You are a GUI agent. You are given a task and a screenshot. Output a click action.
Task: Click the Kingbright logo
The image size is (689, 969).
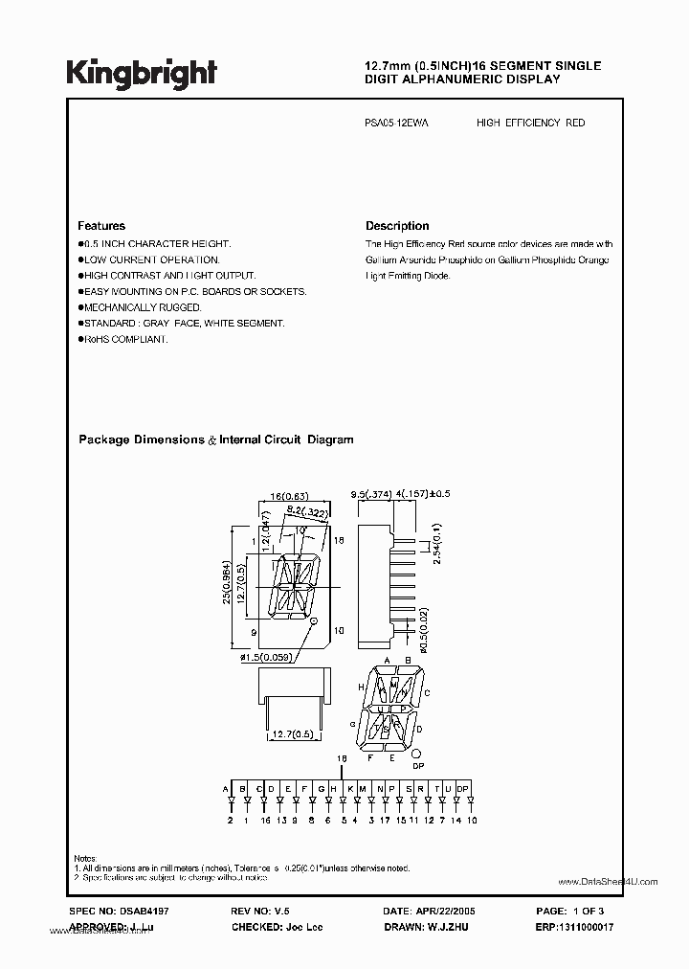(x=142, y=74)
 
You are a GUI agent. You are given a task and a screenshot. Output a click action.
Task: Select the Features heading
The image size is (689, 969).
(x=101, y=226)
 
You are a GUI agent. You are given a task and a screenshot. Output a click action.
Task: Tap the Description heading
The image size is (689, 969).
(x=397, y=226)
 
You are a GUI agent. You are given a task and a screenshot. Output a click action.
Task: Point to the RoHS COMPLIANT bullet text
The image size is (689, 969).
(x=125, y=339)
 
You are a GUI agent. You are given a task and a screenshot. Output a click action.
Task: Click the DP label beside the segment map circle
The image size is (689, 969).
(x=417, y=767)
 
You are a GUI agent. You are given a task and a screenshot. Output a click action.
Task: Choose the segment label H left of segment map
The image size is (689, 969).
(x=361, y=687)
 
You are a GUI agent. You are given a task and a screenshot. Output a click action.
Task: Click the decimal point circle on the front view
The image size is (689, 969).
(x=314, y=621)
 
